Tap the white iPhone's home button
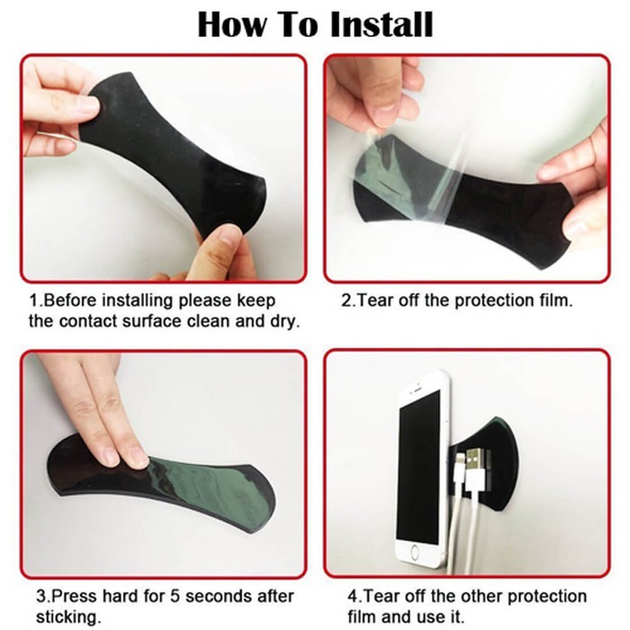click(415, 553)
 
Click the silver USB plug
click(477, 461)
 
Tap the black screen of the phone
click(418, 467)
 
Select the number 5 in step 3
click(175, 596)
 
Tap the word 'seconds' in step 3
click(212, 596)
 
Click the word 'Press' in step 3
click(76, 596)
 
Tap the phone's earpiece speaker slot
click(418, 388)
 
